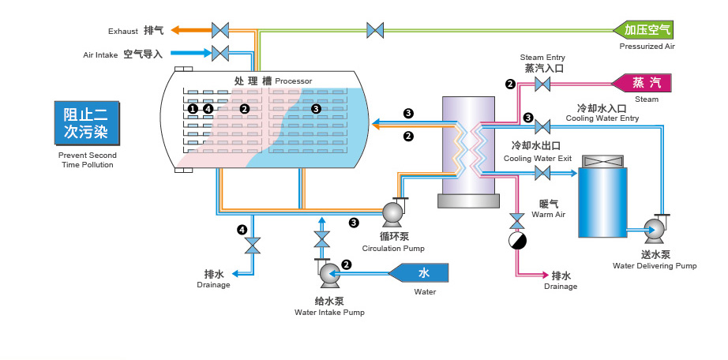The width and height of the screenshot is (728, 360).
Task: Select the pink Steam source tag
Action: click(x=640, y=83)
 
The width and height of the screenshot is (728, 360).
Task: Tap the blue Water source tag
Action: click(x=421, y=273)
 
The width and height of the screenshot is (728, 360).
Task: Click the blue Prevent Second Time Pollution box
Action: click(x=86, y=123)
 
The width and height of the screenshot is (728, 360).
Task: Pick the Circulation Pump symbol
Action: click(x=392, y=212)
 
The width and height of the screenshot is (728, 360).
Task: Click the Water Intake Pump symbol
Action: click(x=328, y=273)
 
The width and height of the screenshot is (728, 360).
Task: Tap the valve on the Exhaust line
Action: click(x=220, y=30)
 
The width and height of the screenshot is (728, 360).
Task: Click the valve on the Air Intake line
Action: click(x=220, y=54)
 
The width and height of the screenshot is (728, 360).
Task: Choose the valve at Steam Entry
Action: click(x=542, y=84)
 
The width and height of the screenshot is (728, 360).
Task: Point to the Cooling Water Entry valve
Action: click(x=542, y=126)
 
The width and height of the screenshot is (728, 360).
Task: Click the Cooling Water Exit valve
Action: click(x=542, y=171)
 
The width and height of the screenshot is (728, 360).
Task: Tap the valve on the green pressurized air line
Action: click(x=375, y=30)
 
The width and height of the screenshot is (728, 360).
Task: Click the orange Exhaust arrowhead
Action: click(x=178, y=30)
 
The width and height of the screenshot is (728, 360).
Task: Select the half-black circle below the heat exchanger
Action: click(x=517, y=241)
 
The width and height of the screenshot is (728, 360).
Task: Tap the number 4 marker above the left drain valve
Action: click(x=242, y=230)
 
